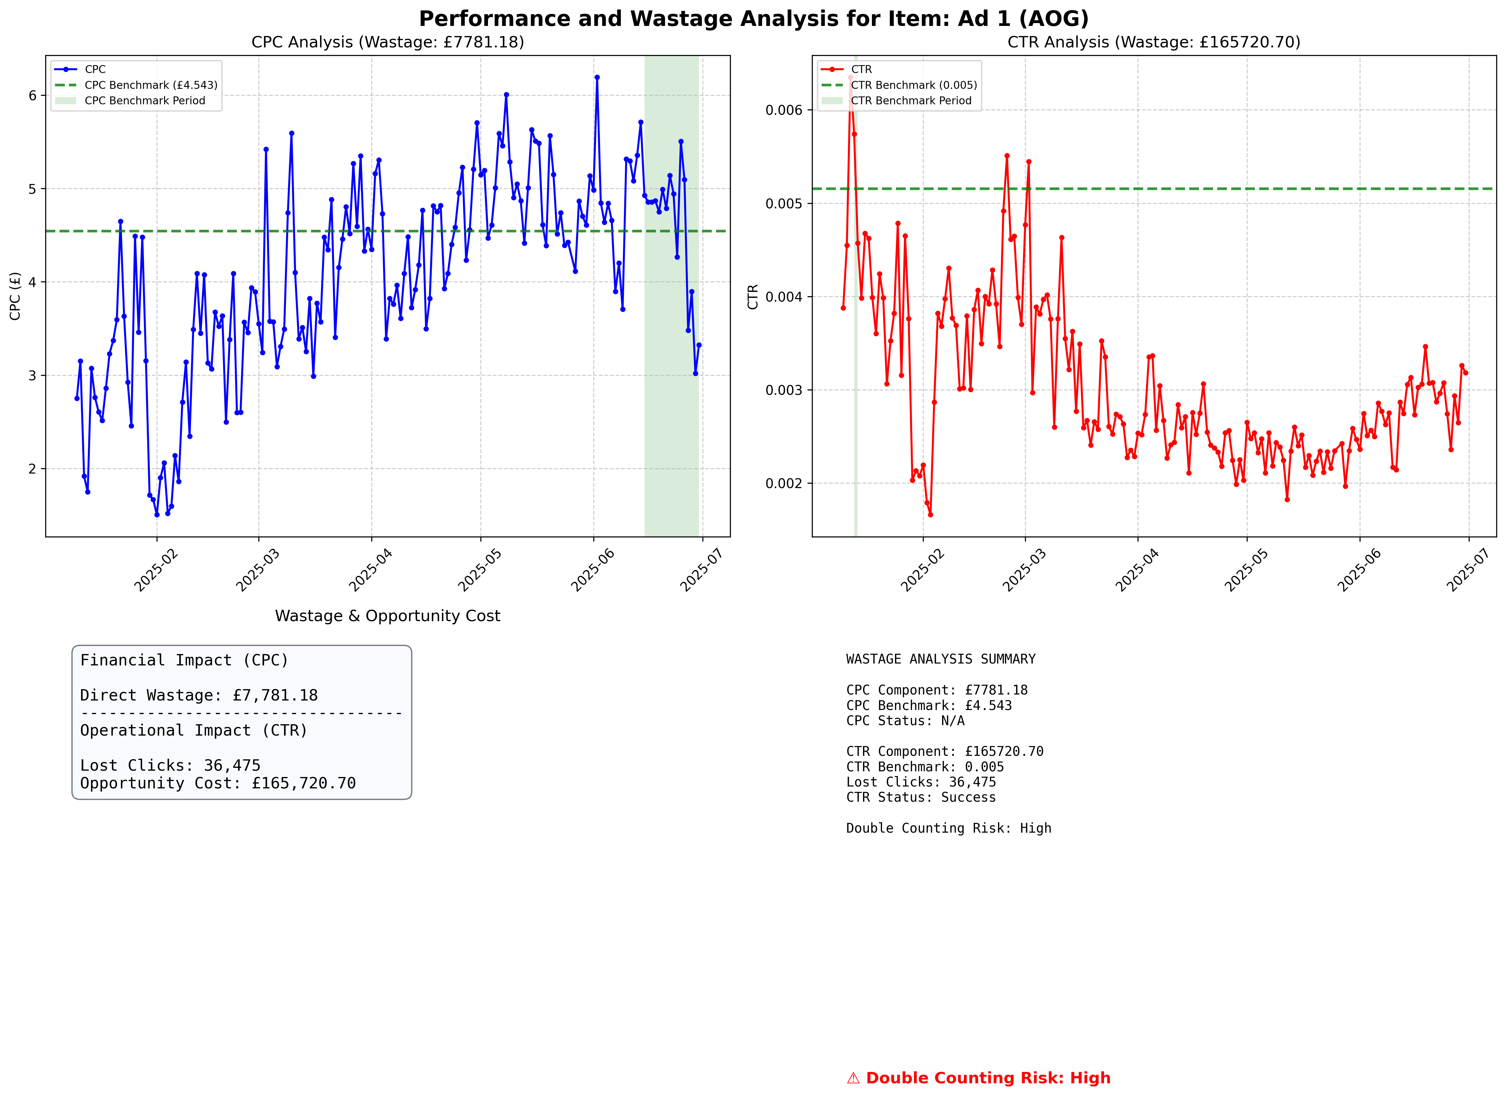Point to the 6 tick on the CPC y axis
(33, 95)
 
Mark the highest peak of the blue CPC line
(597, 77)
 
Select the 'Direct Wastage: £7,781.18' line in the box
(199, 695)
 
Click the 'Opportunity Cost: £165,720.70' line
(218, 784)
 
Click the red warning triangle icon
(853, 1079)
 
